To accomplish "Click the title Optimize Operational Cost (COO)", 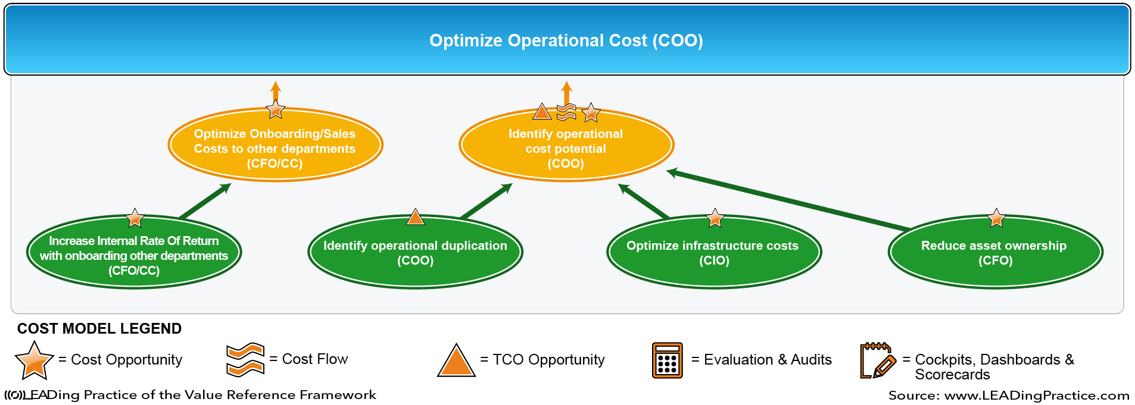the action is pos(566,40).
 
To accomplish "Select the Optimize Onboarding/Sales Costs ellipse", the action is pos(275,145).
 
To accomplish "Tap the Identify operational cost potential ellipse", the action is pos(566,145).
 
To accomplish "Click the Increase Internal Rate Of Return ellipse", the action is pos(134,252).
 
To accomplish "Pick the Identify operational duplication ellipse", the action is pos(415,252).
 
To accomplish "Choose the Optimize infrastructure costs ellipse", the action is pos(714,252).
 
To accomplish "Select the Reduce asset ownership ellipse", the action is pos(995,252).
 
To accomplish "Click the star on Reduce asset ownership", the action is pos(996,218).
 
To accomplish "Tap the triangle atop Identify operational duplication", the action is pos(415,217).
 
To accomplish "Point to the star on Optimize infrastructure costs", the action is pos(715,218).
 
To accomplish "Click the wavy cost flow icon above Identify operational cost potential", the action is pos(566,112).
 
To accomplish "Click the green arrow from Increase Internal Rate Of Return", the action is pos(205,201).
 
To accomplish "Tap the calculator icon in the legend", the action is pos(667,360).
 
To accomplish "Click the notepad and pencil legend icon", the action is pos(878,360).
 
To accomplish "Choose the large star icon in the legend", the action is pos(35,360).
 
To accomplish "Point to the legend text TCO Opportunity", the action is pos(548,360).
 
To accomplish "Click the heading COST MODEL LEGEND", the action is pos(99,328).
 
